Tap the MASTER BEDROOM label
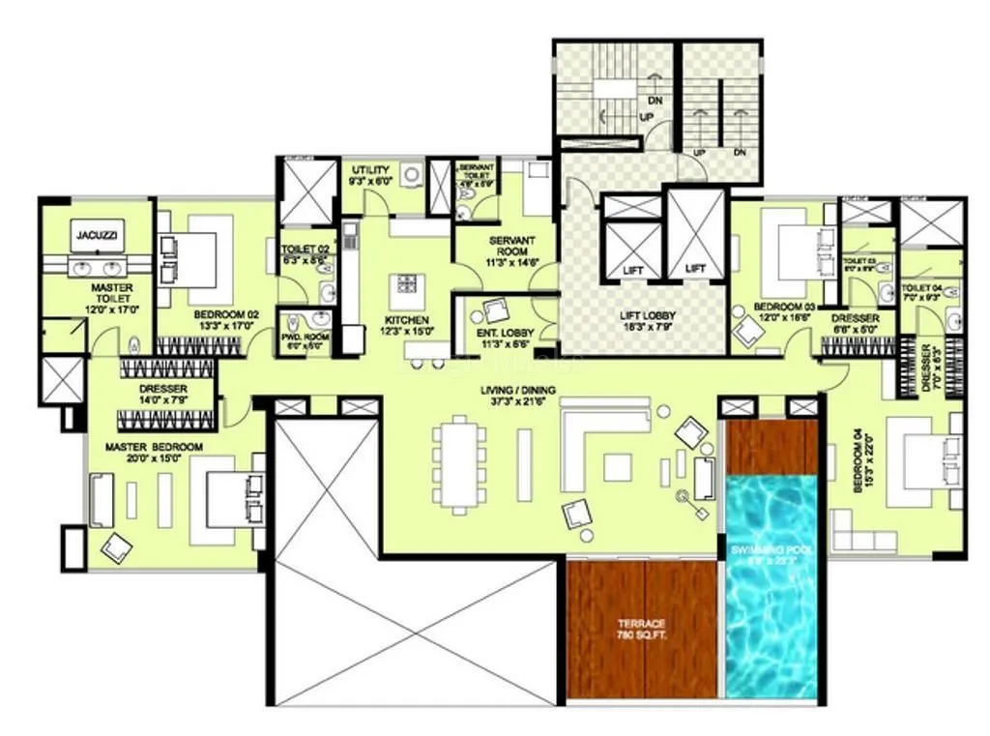click(x=154, y=447)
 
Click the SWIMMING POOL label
click(x=771, y=553)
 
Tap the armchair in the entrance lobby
click(x=495, y=311)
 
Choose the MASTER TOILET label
click(x=112, y=293)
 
